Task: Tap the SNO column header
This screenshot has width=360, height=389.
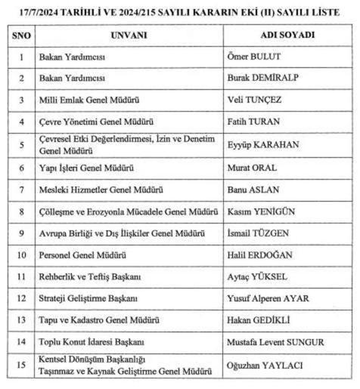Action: pos(21,36)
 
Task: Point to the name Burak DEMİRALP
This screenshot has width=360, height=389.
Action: pos(260,78)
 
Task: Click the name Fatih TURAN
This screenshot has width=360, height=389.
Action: pos(253,122)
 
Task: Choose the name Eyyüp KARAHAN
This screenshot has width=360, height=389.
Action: pos(262,144)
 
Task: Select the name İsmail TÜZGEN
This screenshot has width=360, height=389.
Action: pos(257,233)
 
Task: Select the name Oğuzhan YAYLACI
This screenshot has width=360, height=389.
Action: pos(265,365)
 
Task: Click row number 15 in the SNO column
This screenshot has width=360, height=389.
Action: pos(21,365)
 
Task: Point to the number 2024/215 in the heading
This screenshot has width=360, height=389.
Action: pos(138,11)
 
